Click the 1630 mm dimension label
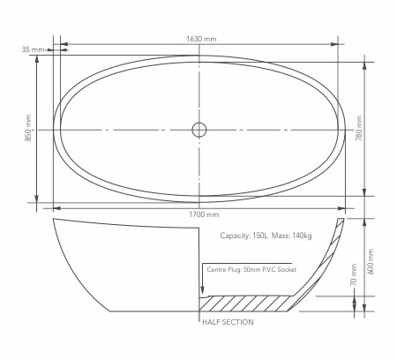tap(201, 39)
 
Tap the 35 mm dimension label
tap(33, 49)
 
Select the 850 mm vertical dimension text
tap(28, 128)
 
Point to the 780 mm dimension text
tap(359, 128)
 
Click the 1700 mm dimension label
tap(204, 214)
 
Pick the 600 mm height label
tap(371, 262)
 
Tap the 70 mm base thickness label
tap(354, 274)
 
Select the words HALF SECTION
tap(228, 322)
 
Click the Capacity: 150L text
tap(244, 236)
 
